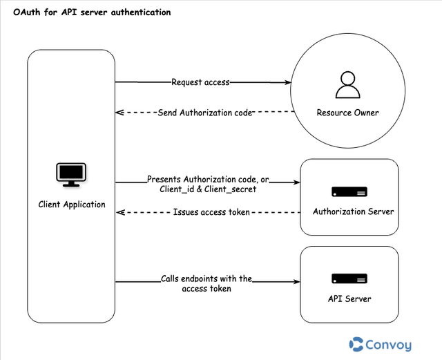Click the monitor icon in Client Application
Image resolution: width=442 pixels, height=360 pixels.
[71, 175]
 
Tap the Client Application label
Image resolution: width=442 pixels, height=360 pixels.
[72, 205]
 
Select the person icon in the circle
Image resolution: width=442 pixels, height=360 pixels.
[347, 84]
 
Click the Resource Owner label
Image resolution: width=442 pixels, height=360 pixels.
[347, 113]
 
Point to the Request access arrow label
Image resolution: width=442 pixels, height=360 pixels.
[200, 82]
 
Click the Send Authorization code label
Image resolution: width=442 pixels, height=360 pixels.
[205, 113]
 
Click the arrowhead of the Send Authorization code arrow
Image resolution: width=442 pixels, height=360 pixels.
[119, 113]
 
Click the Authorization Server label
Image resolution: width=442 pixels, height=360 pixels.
[353, 211]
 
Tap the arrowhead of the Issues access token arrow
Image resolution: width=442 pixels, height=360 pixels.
[119, 212]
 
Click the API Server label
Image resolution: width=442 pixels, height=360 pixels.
[349, 299]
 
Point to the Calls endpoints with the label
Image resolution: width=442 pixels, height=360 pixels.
[206, 278]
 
